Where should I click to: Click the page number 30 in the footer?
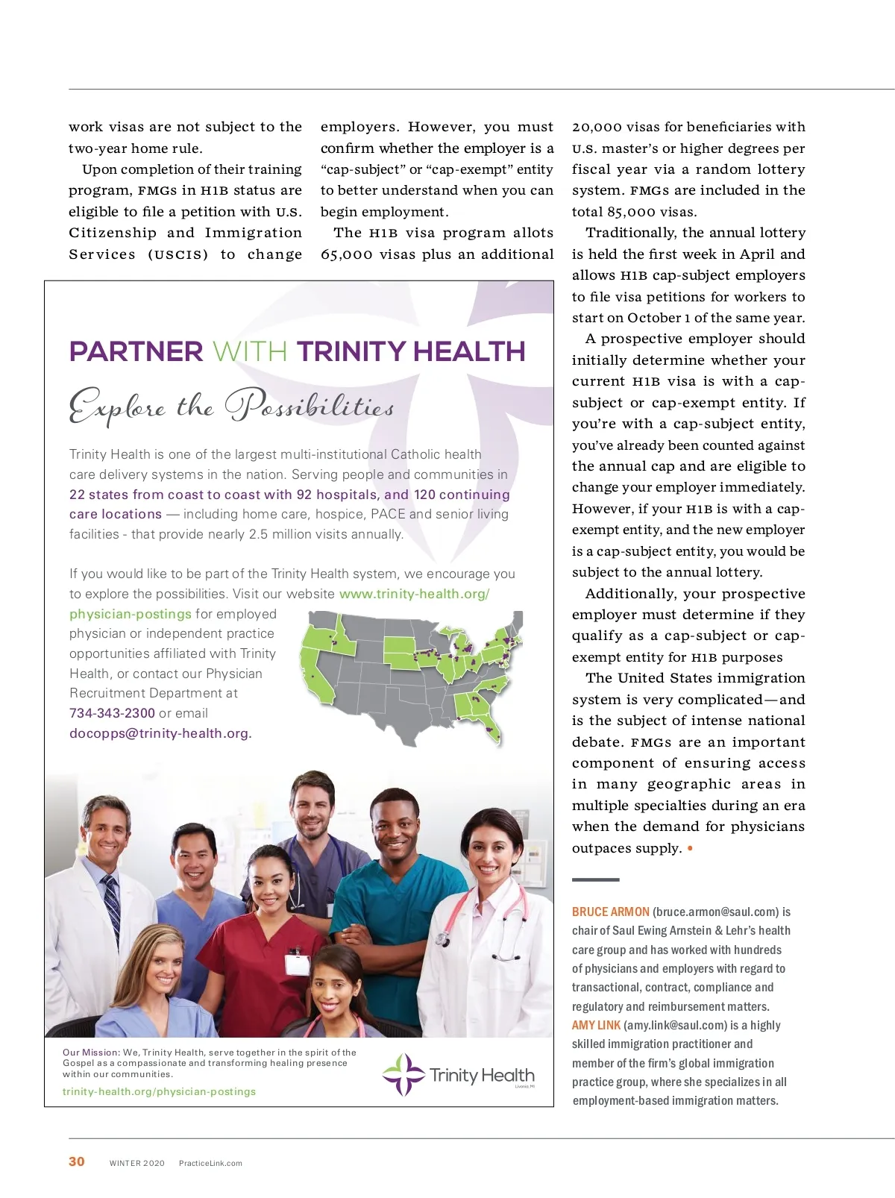[76, 1161]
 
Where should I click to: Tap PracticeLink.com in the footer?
[210, 1163]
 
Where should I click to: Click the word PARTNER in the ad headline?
[136, 351]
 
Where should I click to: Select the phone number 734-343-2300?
[112, 713]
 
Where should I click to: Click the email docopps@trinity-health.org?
[160, 733]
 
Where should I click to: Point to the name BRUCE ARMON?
[610, 912]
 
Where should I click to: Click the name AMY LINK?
[596, 1025]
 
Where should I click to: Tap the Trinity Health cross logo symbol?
[403, 1074]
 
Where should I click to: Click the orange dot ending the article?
[690, 848]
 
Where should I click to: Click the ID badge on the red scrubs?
[297, 963]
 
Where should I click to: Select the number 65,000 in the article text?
[346, 254]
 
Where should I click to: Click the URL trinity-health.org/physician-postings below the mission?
[159, 1091]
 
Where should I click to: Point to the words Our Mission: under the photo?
[91, 1053]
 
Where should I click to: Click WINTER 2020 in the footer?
[137, 1163]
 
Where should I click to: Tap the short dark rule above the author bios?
[595, 880]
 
